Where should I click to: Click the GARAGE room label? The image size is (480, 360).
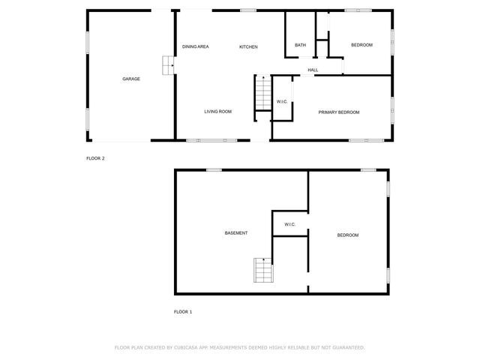click(x=131, y=79)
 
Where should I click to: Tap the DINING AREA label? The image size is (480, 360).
click(x=195, y=46)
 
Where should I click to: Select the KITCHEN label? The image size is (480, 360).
click(x=248, y=46)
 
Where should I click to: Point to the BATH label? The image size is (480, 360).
click(x=300, y=45)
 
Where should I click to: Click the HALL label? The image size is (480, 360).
click(x=313, y=70)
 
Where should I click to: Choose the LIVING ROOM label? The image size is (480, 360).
click(x=217, y=112)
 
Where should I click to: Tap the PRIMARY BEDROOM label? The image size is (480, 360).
click(x=338, y=112)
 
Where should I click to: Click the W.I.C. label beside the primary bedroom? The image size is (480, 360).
click(x=282, y=101)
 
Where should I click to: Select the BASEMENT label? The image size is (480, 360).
click(x=236, y=233)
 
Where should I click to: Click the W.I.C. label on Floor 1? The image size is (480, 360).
click(x=289, y=225)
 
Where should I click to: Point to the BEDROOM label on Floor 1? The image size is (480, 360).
click(x=347, y=235)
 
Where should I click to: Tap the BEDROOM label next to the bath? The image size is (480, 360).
click(x=361, y=45)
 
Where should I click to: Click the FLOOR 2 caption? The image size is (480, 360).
click(x=95, y=158)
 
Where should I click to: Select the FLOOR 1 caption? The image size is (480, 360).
click(x=183, y=311)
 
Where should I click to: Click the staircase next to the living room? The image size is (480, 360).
click(x=262, y=93)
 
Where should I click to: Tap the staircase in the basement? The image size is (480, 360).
click(x=262, y=270)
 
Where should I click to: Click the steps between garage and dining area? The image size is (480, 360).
click(x=169, y=64)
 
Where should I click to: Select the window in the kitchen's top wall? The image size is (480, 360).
click(x=247, y=10)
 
